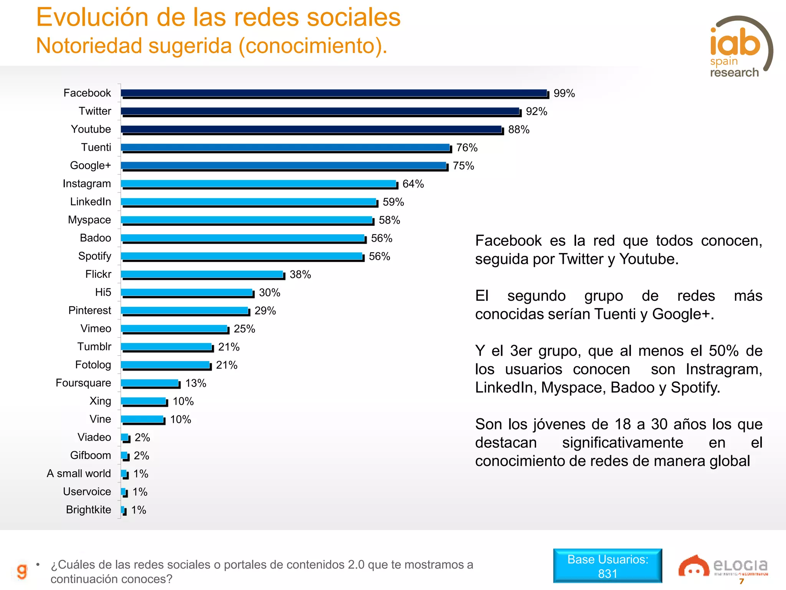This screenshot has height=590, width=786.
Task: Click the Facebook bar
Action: tap(334, 93)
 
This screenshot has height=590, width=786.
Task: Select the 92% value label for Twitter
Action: tap(536, 111)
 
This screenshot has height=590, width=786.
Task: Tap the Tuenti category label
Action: tap(96, 147)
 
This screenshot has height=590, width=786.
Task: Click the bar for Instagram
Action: tap(259, 184)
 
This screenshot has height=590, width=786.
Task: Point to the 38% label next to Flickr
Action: tap(300, 274)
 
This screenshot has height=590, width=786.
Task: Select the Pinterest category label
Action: tap(89, 310)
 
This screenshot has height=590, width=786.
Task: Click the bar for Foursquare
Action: tap(150, 383)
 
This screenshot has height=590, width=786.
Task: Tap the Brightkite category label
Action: tap(88, 509)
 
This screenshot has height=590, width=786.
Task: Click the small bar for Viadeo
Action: tap(125, 438)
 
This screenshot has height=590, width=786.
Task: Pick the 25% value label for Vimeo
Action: tap(244, 329)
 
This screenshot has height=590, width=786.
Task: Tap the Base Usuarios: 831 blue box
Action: tap(608, 566)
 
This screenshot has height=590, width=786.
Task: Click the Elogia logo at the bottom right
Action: tap(723, 566)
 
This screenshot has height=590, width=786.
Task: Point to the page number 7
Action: tap(741, 582)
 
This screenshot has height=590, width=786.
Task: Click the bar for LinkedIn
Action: tap(249, 202)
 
